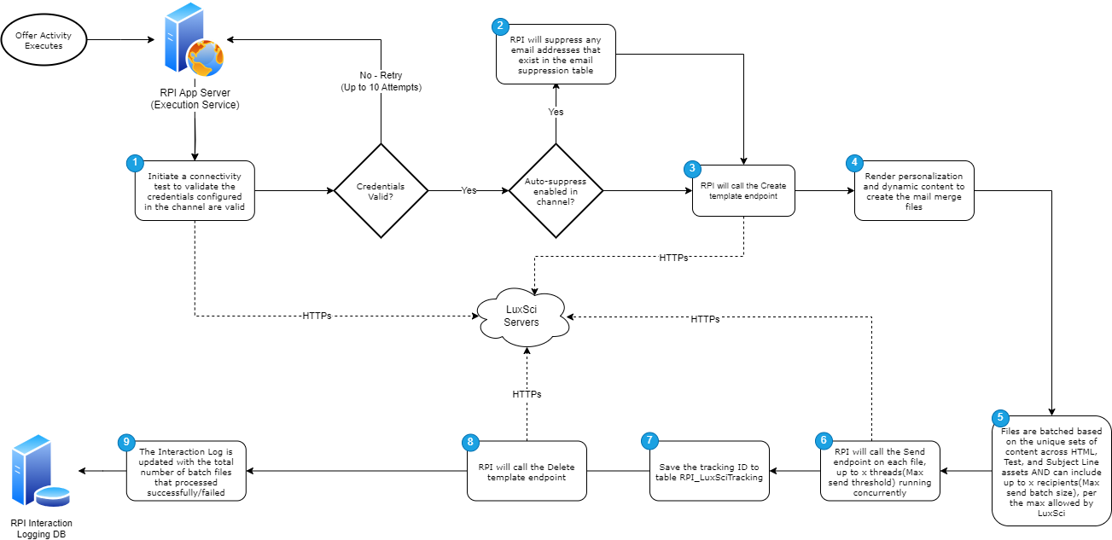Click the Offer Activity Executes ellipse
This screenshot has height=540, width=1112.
[44, 40]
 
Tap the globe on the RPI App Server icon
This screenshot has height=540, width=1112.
[206, 59]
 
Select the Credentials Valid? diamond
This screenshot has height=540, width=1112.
[381, 191]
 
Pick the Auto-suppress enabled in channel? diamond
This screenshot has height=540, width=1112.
[556, 191]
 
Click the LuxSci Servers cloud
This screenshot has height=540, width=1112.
[521, 318]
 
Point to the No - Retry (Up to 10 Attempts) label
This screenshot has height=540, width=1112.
[381, 81]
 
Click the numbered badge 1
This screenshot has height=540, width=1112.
[134, 162]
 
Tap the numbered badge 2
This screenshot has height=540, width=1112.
[500, 26]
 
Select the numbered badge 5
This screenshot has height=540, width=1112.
[1000, 417]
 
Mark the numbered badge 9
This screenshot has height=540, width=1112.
[126, 441]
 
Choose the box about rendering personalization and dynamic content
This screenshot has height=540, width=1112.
[914, 191]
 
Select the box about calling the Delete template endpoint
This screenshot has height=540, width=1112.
[527, 472]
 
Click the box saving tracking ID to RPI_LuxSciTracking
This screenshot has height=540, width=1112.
[708, 472]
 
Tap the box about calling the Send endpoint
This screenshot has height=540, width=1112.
[879, 472]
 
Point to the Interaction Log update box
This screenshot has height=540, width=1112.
[186, 471]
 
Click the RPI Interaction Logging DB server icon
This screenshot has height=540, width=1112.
[39, 473]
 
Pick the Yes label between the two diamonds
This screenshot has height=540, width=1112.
[469, 191]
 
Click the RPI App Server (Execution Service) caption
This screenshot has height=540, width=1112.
[195, 99]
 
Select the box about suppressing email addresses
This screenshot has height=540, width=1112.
[556, 55]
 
